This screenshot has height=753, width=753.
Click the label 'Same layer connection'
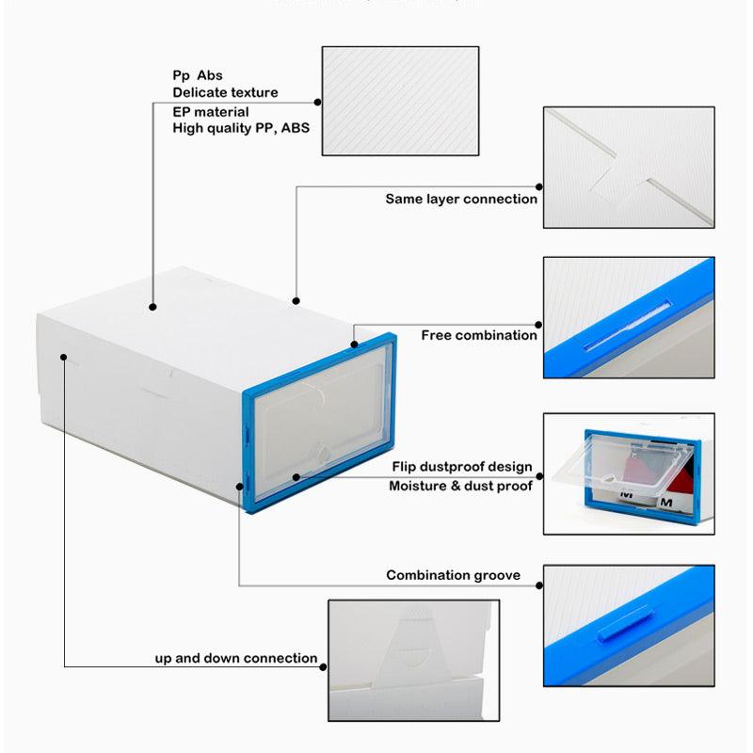(461, 200)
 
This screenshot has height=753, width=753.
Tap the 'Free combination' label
(479, 335)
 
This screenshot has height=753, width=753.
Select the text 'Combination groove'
(453, 575)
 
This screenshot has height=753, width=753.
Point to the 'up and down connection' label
(236, 658)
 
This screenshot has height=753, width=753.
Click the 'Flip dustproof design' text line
(462, 467)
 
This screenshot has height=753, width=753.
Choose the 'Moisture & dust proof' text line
(460, 486)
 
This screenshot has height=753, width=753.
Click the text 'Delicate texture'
(225, 92)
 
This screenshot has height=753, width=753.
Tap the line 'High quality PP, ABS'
(241, 128)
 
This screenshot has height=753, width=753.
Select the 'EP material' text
(211, 111)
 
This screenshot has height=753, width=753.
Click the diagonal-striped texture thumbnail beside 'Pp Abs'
(400, 102)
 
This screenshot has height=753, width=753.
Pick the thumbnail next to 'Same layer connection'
(628, 168)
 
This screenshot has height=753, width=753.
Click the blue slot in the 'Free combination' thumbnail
(626, 325)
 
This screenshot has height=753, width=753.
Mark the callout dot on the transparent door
(296, 477)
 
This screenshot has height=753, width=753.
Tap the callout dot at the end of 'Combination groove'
(539, 585)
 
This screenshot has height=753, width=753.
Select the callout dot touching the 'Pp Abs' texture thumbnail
(318, 102)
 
